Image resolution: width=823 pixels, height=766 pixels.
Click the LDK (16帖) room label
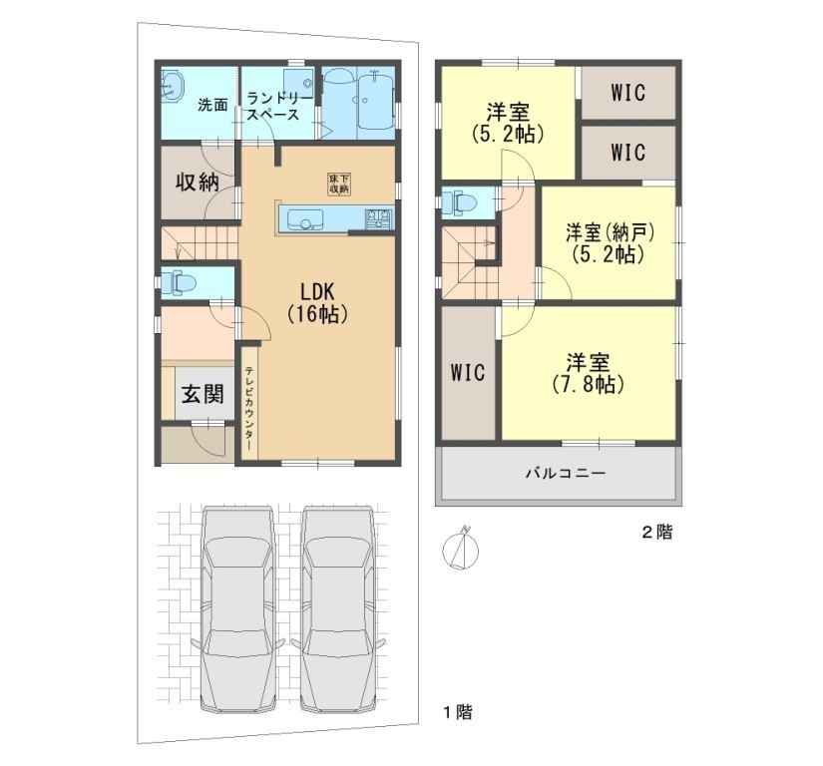click(317, 302)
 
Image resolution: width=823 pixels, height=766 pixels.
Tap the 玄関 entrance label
click(203, 394)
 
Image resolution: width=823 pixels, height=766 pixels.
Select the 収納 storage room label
click(197, 182)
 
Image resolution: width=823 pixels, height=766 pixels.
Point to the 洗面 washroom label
click(212, 105)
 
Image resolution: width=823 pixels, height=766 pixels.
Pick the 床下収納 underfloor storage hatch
click(339, 184)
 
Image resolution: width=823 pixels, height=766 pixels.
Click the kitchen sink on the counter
click(304, 218)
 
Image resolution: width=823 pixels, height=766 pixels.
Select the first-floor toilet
click(179, 284)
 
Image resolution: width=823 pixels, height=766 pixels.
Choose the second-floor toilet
click(459, 202)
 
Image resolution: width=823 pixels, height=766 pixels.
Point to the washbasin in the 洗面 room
click(172, 86)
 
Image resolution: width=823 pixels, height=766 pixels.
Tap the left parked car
click(238, 607)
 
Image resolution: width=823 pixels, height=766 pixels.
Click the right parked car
click(338, 607)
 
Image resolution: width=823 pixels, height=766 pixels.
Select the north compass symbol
click(461, 551)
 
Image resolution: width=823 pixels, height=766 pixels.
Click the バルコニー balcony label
click(566, 473)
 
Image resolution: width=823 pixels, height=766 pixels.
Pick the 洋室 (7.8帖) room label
click(588, 374)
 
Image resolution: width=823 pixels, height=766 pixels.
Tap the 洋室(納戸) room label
click(610, 243)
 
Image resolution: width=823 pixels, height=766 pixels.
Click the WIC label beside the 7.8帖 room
click(468, 373)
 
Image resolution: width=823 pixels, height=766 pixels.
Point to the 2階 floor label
click(657, 532)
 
